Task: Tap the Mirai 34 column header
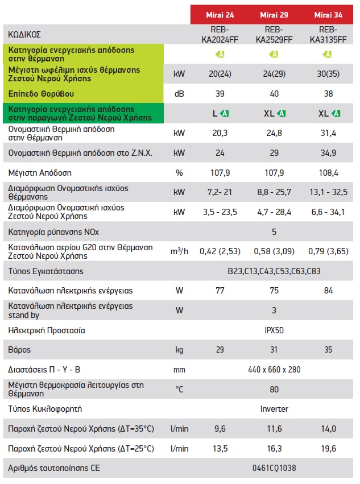(327, 14)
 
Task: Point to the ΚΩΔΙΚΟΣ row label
(25, 35)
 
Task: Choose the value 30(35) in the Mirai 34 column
(327, 73)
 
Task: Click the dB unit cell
(179, 93)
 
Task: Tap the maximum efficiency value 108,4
(327, 172)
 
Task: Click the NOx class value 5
(274, 232)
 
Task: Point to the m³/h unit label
(179, 251)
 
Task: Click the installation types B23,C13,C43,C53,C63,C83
(274, 271)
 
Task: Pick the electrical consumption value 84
(327, 291)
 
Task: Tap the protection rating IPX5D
(274, 330)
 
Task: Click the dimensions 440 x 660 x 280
(274, 370)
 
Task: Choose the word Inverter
(274, 409)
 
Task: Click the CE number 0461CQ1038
(274, 469)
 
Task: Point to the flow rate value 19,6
(327, 449)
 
